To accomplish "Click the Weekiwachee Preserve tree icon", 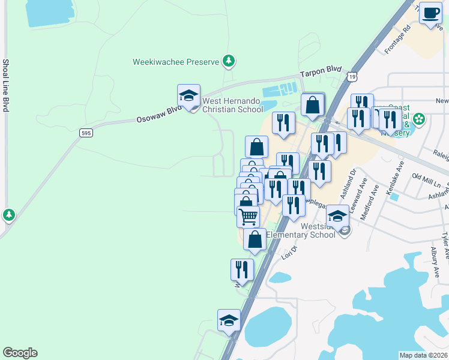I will click(228, 61).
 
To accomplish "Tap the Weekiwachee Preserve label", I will click(176, 62).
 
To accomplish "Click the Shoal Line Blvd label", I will click(5, 85).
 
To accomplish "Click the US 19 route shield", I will click(352, 76).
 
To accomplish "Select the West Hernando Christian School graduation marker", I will click(188, 96).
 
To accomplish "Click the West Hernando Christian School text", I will click(232, 105).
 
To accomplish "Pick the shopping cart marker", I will click(249, 216).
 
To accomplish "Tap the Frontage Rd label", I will click(398, 39).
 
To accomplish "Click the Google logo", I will click(20, 353).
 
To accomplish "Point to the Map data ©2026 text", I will click(424, 355).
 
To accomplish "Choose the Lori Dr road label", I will click(290, 253).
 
